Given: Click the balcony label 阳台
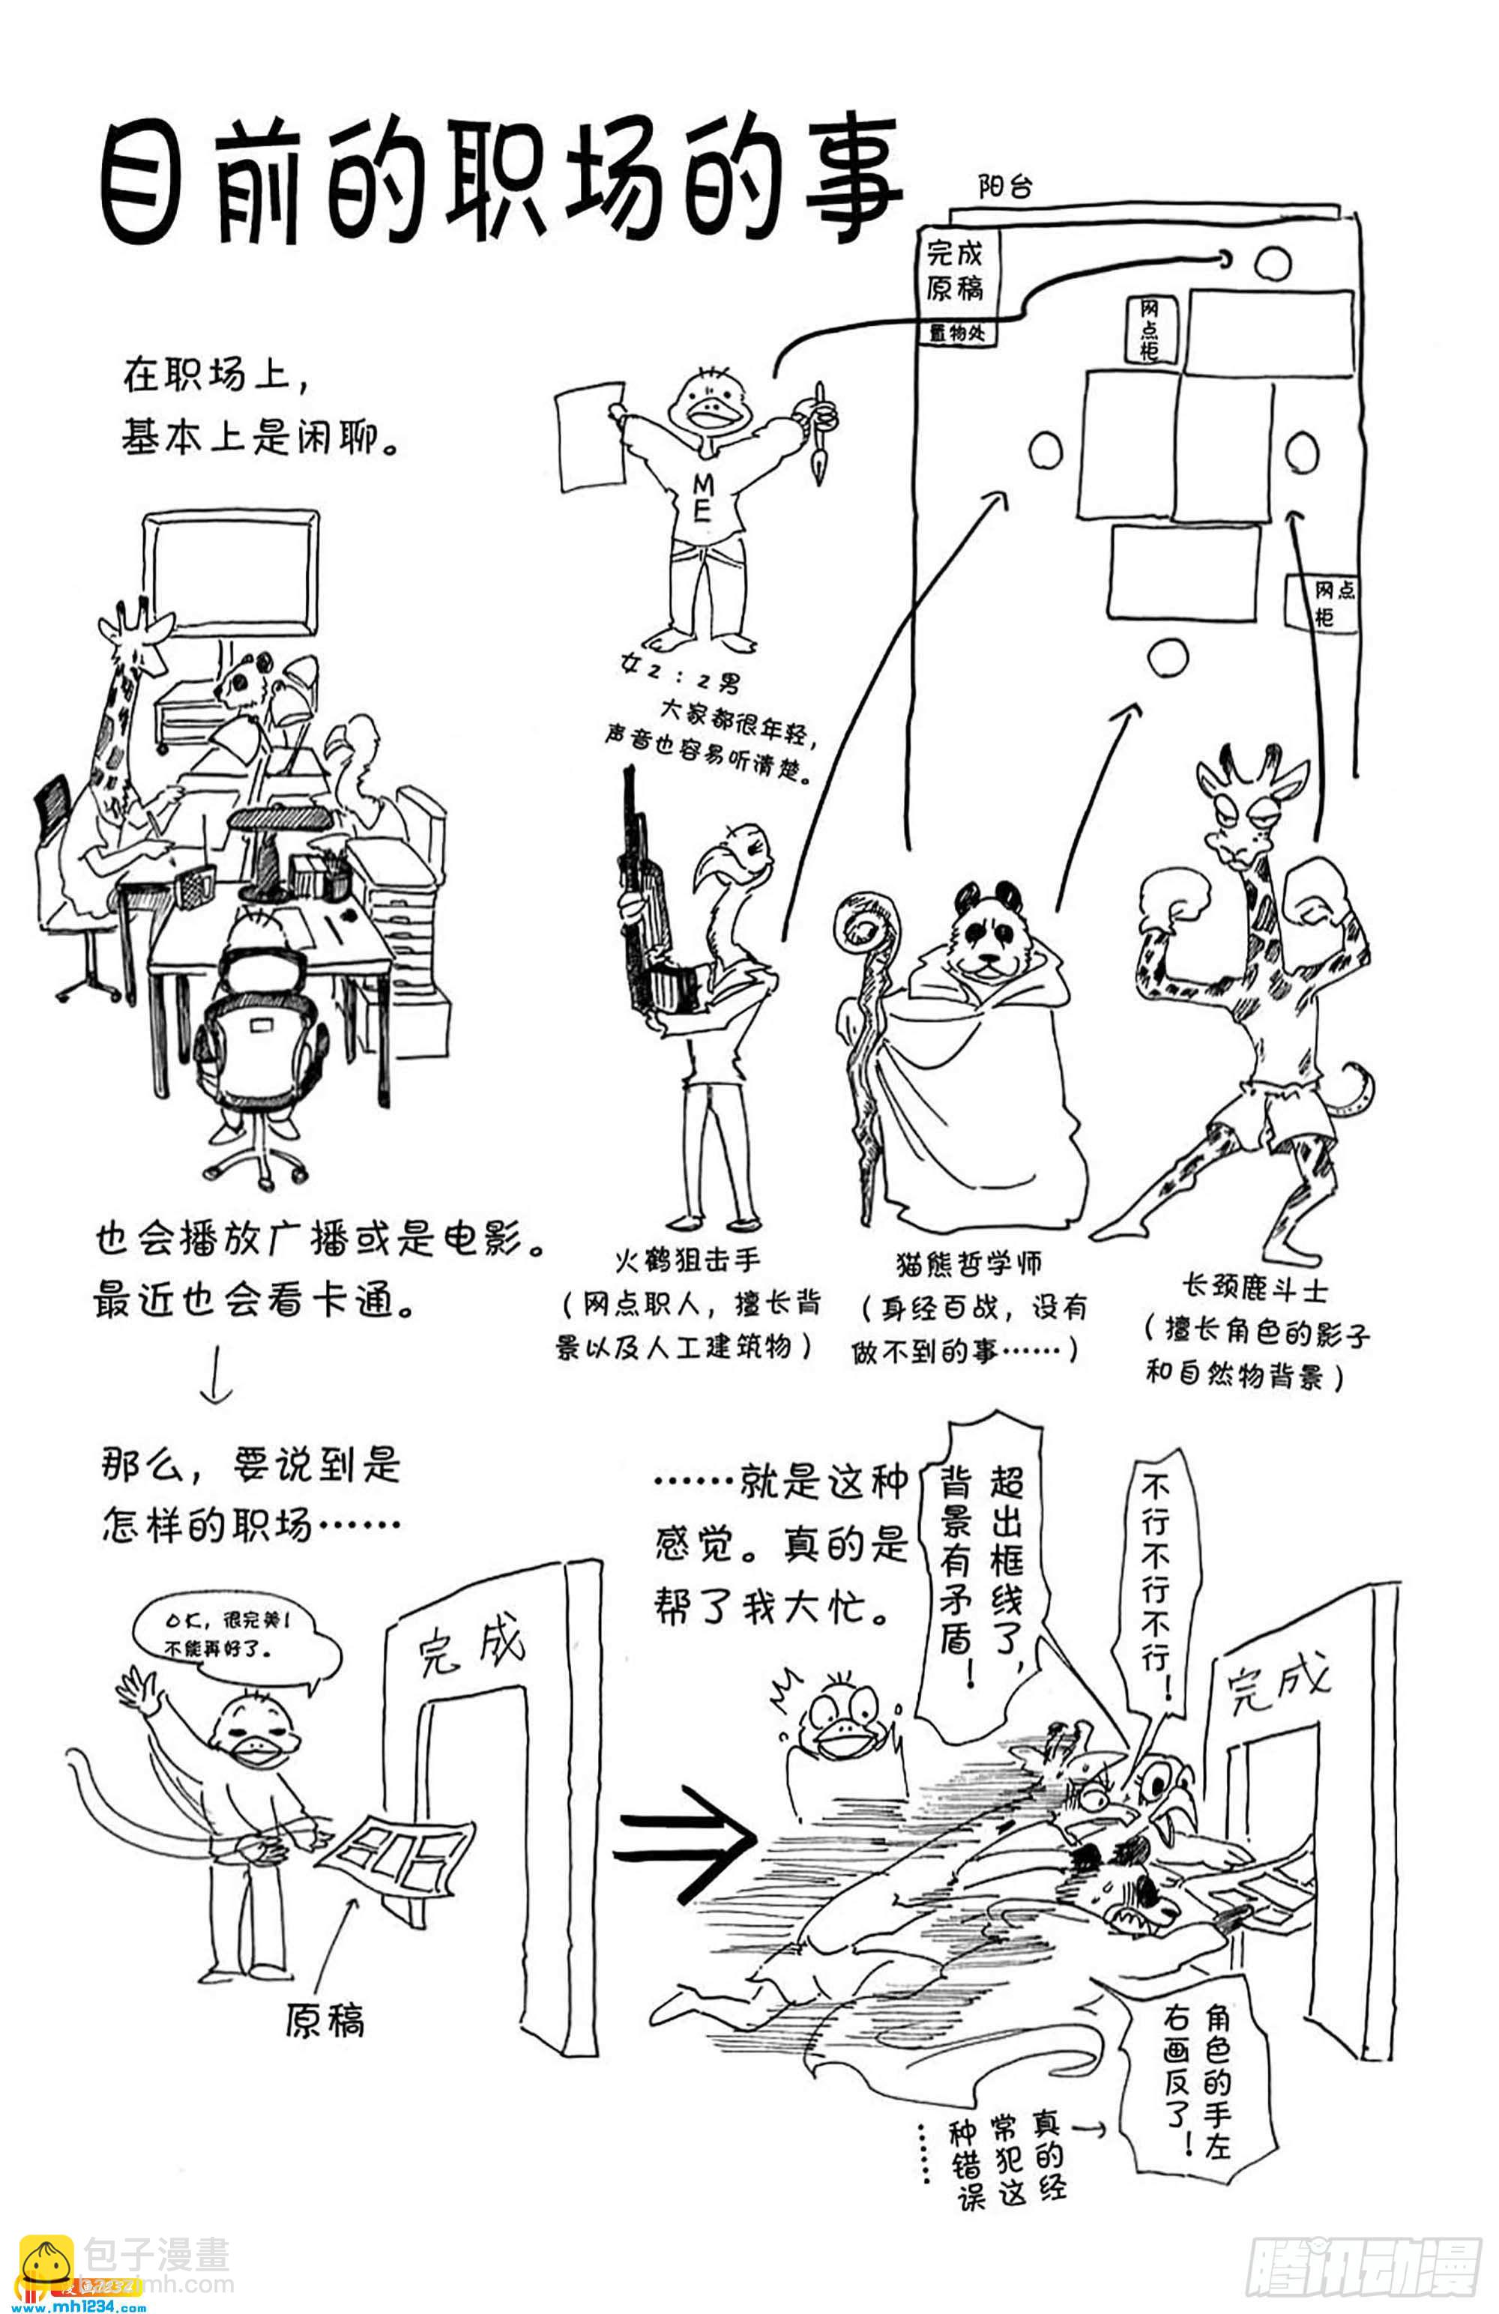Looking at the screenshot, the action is pos(1005,186).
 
